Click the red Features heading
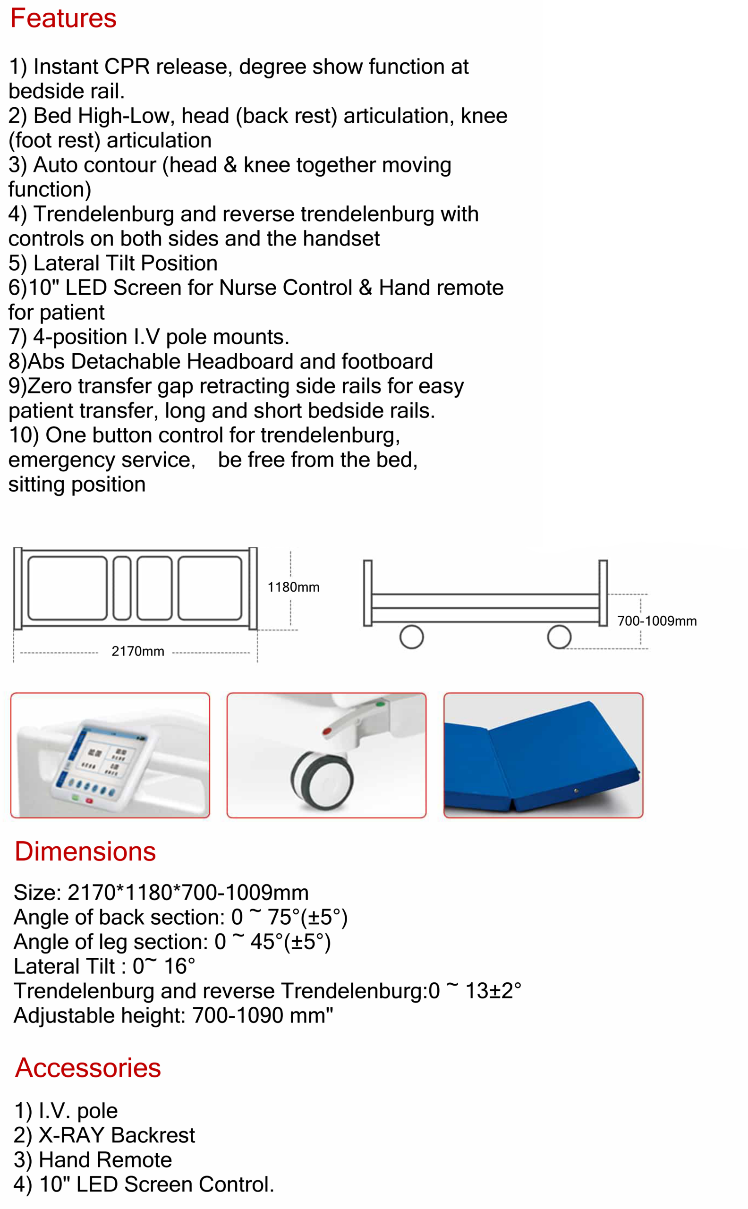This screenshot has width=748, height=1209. coord(63,19)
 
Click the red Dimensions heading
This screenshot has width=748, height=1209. coord(85,851)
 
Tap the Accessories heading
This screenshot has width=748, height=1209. coord(87,1067)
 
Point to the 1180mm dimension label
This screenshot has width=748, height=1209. coord(293,587)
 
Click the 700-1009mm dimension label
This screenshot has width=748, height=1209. coord(656,621)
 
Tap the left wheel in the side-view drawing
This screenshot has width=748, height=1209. coord(411,637)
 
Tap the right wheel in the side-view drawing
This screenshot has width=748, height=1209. coord(559,637)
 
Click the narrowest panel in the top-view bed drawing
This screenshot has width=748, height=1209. coord(122,587)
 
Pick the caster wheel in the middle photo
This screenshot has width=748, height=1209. coord(323,780)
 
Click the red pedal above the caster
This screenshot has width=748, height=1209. coord(327,731)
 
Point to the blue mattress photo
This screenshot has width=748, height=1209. coord(543,755)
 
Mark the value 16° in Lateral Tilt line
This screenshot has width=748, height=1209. coord(179,967)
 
